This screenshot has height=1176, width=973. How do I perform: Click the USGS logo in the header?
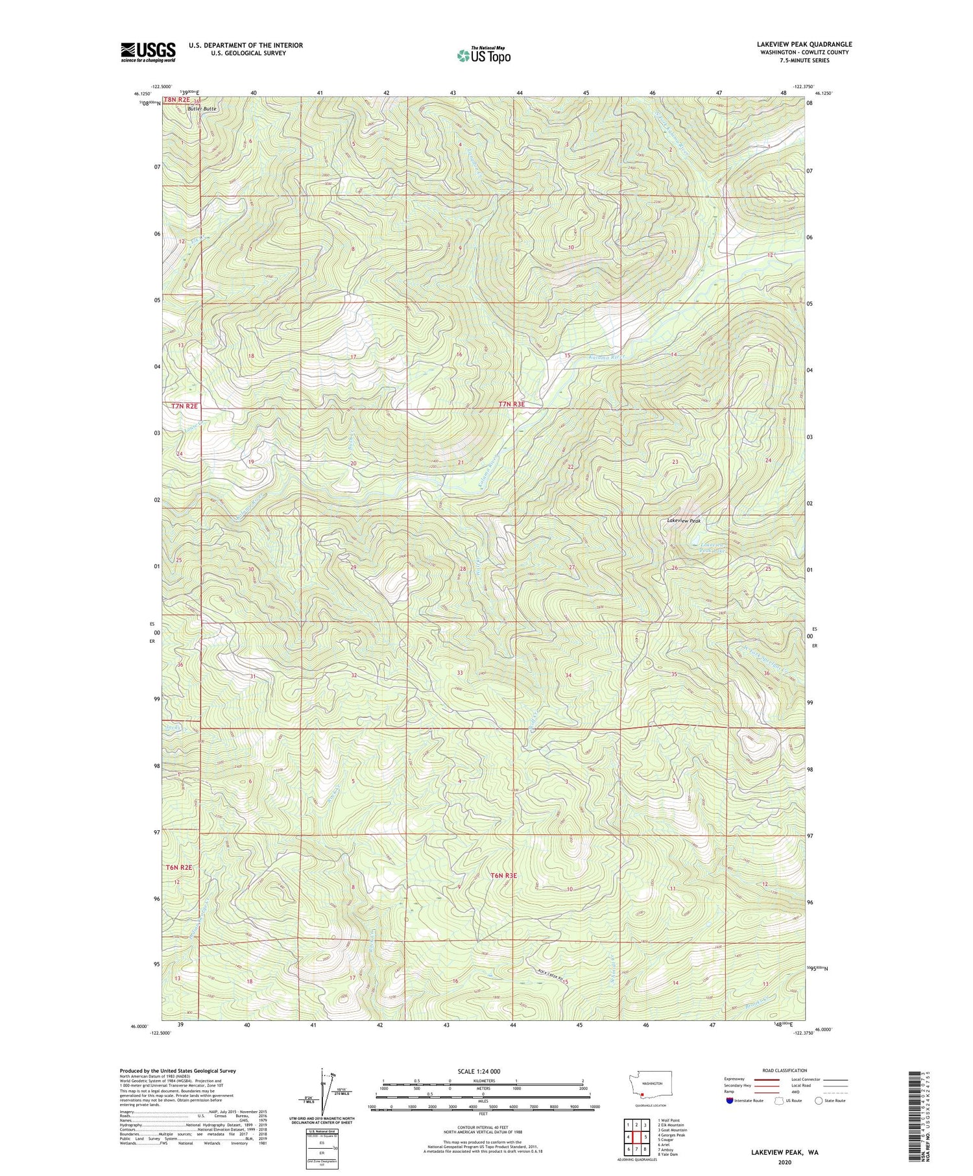148,52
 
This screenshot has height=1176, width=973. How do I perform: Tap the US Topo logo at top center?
483,56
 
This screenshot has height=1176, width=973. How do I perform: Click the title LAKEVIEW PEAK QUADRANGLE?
804,44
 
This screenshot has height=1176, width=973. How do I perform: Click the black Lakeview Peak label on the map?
684,520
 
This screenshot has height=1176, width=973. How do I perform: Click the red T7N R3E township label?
511,404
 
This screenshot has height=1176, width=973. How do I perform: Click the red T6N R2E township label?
179,867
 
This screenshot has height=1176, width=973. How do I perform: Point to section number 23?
675,462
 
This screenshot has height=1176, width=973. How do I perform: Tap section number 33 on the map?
459,673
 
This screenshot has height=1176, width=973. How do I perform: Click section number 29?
354,568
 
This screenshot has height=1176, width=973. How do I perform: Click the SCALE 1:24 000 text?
479,1071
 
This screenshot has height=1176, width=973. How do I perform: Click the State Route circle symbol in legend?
819,1101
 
